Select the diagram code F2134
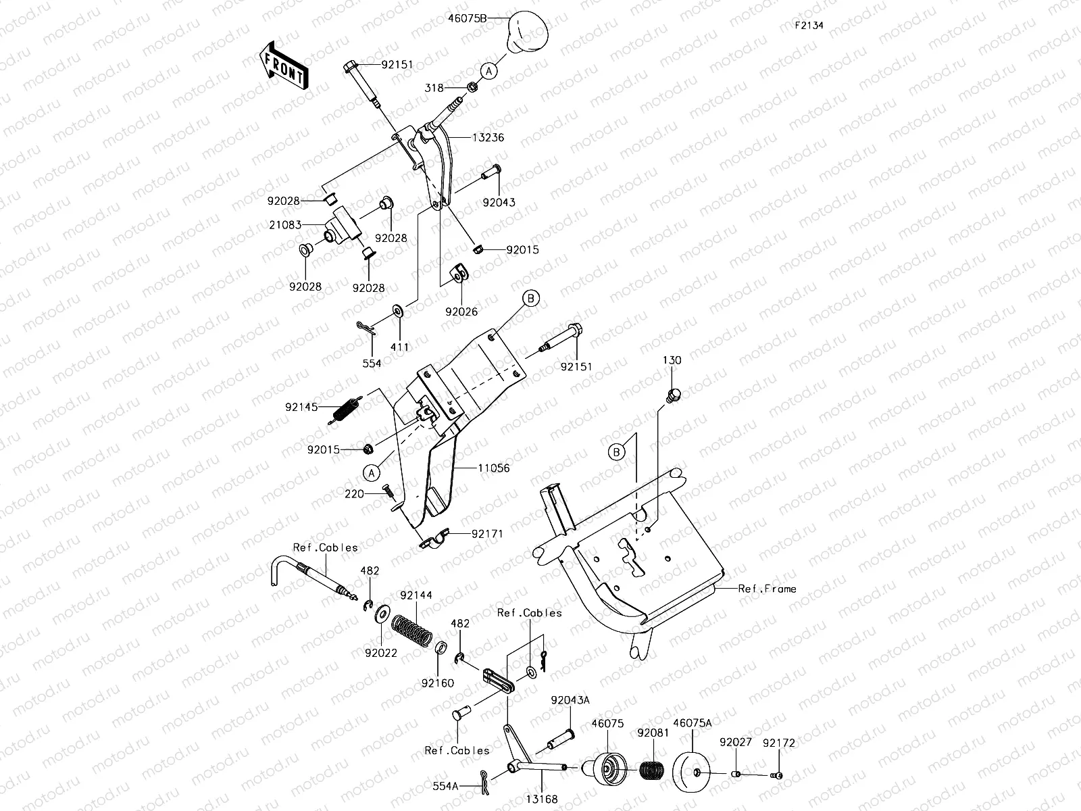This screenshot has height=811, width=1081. (x=809, y=26)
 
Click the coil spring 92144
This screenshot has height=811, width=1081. (x=412, y=629)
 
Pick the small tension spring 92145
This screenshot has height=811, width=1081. (x=345, y=410)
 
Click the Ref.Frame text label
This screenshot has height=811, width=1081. (x=767, y=589)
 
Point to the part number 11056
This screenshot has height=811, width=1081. (x=494, y=468)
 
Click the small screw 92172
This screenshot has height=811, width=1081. (x=777, y=775)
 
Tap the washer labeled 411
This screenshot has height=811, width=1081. (x=397, y=312)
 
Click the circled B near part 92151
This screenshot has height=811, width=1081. (x=530, y=299)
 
